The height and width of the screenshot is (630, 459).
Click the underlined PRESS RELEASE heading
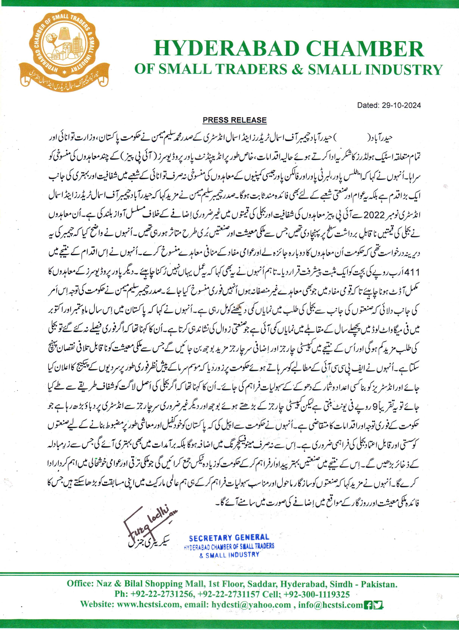point(235,120)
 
